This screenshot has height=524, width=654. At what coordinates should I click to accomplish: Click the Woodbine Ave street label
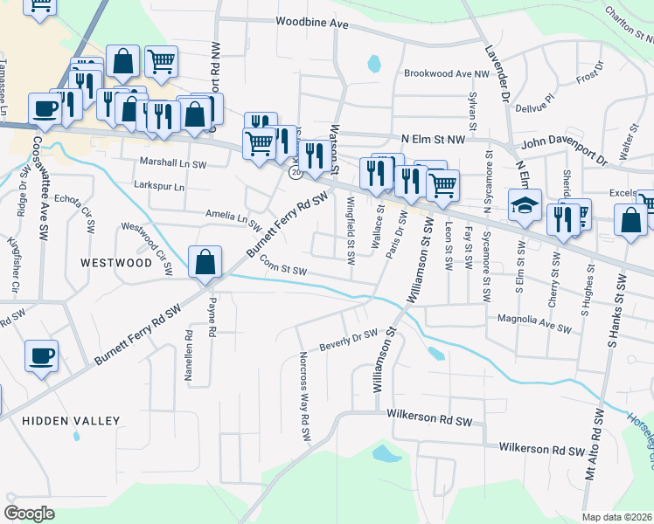tap(311, 22)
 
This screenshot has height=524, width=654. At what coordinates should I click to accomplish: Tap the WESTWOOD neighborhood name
tap(116, 262)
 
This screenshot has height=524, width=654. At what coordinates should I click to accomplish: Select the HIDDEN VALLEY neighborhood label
tap(71, 421)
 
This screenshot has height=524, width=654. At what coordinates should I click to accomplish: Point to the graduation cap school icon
tap(525, 206)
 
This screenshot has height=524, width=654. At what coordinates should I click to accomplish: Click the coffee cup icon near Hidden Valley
tap(42, 356)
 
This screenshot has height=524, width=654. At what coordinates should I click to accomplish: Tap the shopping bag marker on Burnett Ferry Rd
tap(205, 261)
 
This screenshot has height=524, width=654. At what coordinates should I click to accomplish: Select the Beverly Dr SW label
tap(347, 337)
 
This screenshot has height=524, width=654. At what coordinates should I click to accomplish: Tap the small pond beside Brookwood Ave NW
tap(375, 63)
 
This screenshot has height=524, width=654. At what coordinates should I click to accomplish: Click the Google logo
tap(30, 513)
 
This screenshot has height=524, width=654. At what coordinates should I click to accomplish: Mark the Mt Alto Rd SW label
tap(593, 445)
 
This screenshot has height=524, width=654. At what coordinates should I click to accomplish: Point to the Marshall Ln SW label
tap(173, 163)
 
